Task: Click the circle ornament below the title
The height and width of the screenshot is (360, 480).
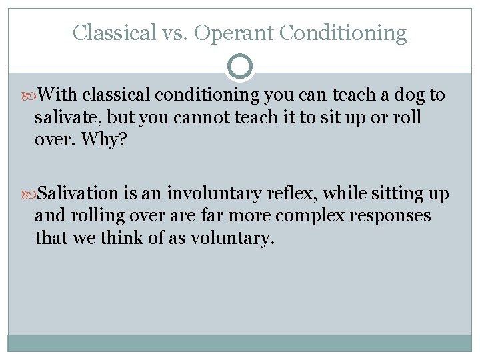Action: tap(240, 67)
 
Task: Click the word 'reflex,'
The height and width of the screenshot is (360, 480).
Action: tap(289, 194)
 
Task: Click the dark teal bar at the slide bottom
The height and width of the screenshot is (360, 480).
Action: tap(240, 343)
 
